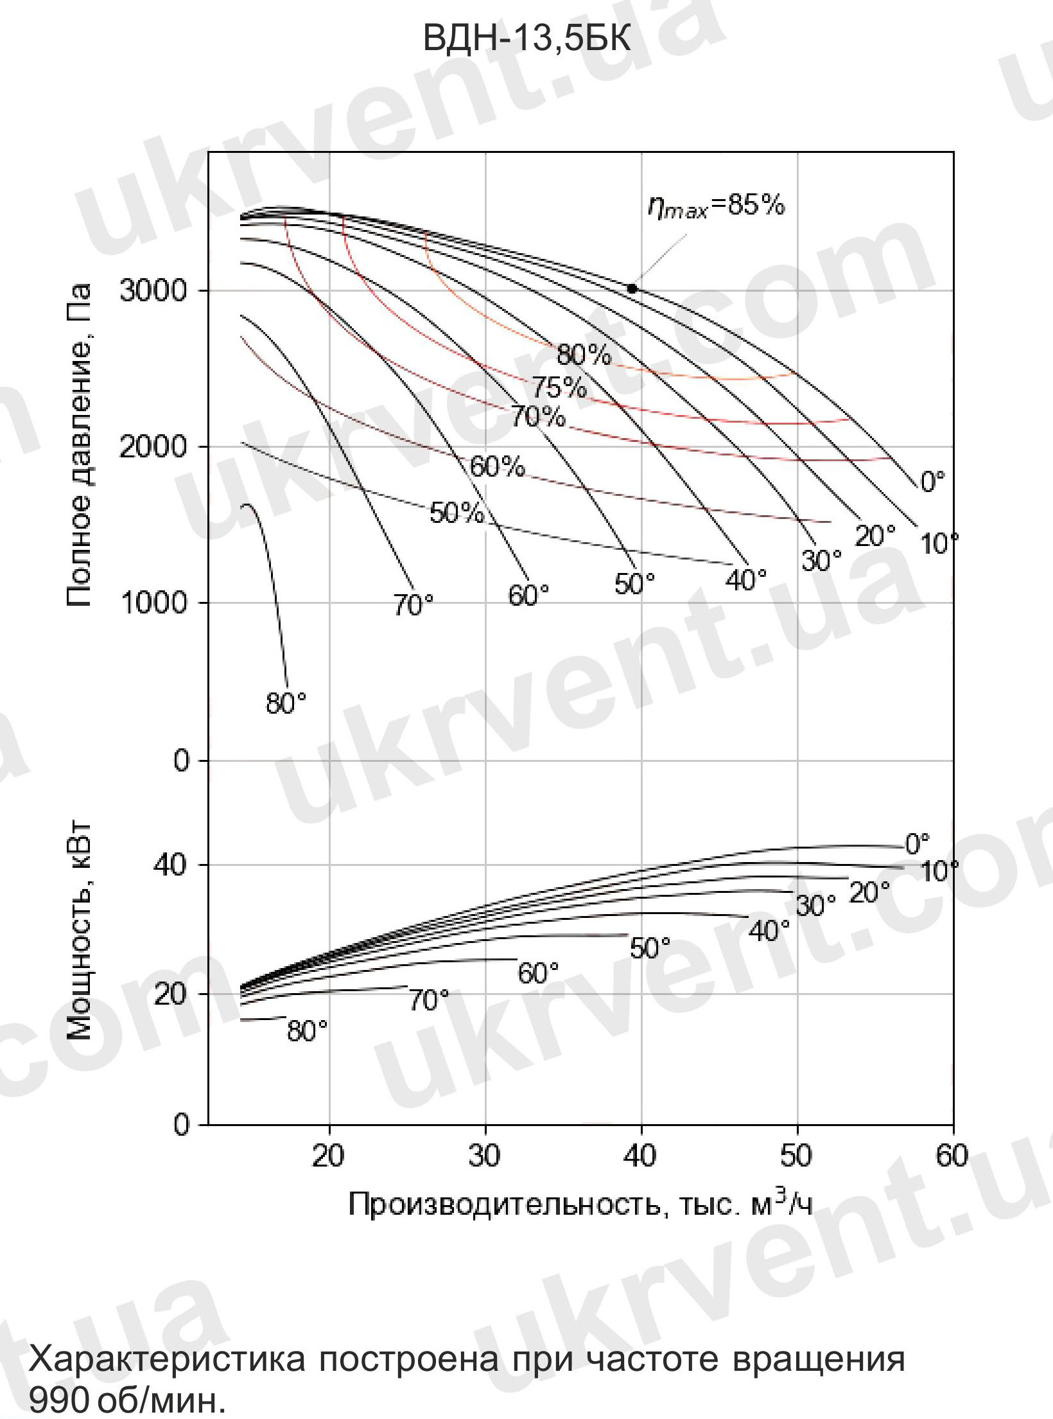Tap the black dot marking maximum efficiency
click(632, 289)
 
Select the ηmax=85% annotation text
click(716, 207)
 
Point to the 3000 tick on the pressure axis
click(153, 290)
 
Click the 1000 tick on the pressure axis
click(153, 603)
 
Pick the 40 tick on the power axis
click(170, 865)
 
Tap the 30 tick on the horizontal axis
click(485, 1156)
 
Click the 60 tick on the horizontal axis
click(952, 1156)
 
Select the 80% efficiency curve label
click(584, 355)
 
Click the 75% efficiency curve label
click(559, 388)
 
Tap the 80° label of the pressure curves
click(286, 704)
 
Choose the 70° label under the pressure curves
click(413, 604)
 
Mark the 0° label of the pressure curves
click(933, 482)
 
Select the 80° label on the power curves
click(307, 1032)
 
